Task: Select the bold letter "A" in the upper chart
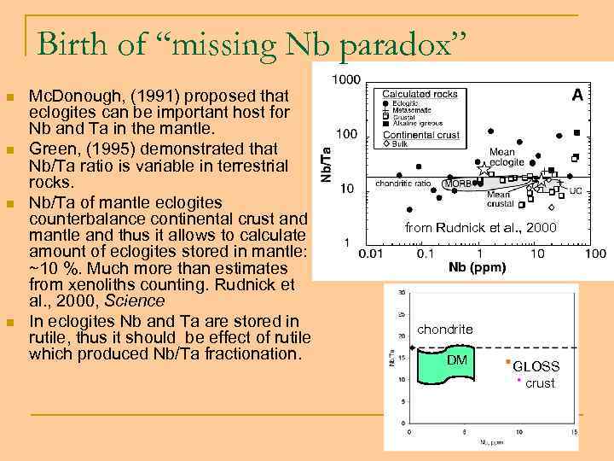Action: tap(577, 96)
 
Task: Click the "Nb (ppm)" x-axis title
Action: tap(477, 267)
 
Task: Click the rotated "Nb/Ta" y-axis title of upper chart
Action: tap(326, 162)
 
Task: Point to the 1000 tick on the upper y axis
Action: tap(345, 79)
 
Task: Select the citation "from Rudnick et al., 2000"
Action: tap(480, 227)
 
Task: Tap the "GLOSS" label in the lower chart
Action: tap(536, 366)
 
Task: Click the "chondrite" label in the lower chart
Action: tap(444, 330)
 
